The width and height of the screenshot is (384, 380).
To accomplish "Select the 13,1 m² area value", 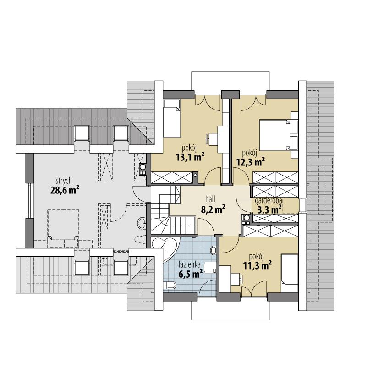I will click(x=190, y=157).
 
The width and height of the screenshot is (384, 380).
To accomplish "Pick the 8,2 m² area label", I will click(x=213, y=210).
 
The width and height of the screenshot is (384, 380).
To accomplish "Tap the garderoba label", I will click(x=269, y=201).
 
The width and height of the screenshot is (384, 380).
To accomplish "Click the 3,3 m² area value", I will click(x=269, y=209).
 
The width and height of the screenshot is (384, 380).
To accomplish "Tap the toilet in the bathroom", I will click(x=170, y=286).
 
